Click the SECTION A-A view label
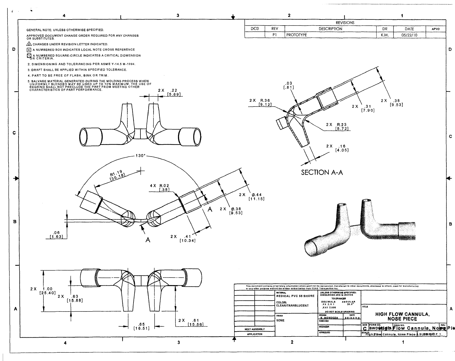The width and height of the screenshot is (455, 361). [322, 172]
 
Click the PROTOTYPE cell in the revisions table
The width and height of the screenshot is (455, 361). [297, 35]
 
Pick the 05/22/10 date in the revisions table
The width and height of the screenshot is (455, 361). [409, 35]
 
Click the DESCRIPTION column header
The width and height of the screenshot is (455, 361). [330, 29]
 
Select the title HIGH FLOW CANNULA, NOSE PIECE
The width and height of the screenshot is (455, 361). [403, 317]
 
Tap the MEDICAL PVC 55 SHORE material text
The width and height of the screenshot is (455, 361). [295, 296]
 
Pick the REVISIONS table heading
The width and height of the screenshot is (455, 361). [345, 23]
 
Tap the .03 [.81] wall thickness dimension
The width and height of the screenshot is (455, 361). [288, 85]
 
